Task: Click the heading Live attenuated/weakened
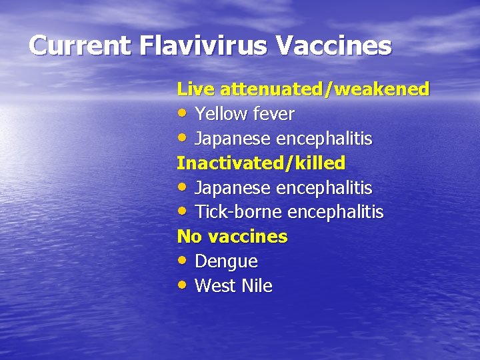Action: [x=303, y=89]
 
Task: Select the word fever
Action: [x=273, y=114]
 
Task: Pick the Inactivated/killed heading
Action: [x=261, y=163]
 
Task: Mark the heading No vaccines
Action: [x=232, y=237]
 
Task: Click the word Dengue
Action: [x=226, y=262]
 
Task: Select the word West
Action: [x=214, y=286]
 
